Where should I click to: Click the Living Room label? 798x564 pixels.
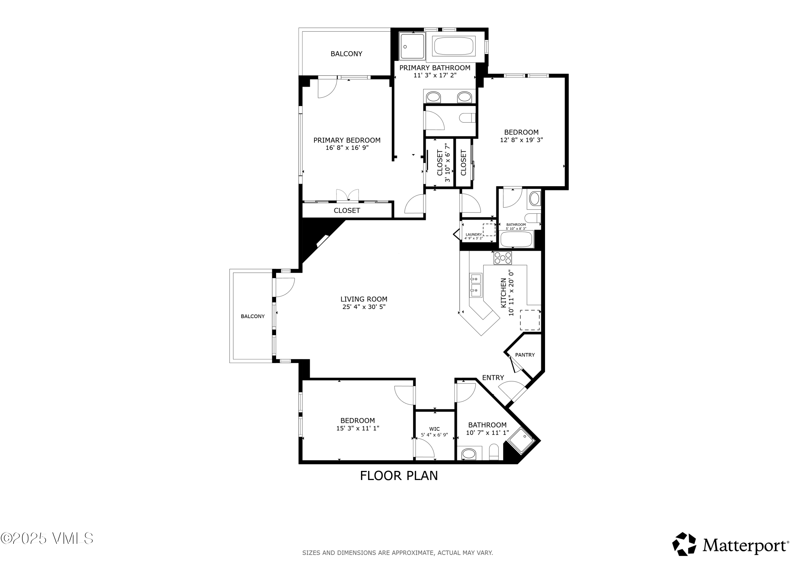(364, 299)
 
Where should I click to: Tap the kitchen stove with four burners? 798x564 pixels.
(502, 258)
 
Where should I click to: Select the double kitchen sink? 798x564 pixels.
(476, 285)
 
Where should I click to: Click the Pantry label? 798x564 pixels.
(525, 355)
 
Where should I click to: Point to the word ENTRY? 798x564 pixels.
(493, 378)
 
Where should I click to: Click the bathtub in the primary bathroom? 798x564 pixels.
(453, 46)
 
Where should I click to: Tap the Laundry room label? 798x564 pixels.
(473, 235)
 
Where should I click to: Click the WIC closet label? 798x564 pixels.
(434, 429)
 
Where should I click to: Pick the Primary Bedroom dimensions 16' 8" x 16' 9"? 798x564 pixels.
(347, 148)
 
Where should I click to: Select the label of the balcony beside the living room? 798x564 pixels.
(252, 316)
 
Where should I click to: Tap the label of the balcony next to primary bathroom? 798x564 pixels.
(346, 54)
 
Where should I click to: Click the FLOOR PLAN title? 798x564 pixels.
(399, 476)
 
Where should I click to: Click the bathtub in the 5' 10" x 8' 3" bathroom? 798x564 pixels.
(516, 239)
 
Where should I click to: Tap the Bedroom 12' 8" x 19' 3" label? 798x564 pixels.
(521, 132)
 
